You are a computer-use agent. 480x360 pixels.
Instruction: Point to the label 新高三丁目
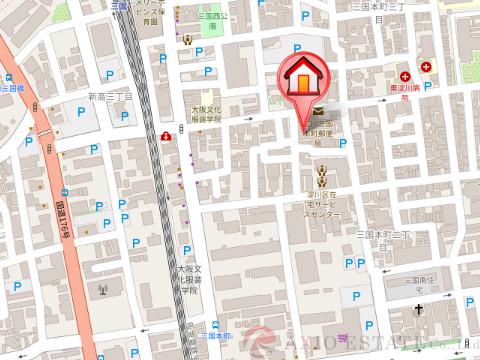click(x=110, y=96)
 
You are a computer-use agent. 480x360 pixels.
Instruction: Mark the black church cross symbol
click(x=420, y=314)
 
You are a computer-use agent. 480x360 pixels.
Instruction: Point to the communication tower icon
click(x=101, y=291)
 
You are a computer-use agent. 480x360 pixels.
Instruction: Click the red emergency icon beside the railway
click(x=165, y=135)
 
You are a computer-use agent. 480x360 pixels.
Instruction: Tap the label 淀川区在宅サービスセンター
click(x=322, y=200)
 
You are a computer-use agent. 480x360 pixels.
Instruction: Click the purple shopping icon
click(x=344, y=337)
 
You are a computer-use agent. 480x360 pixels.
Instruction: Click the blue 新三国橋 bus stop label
click(x=12, y=88)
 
